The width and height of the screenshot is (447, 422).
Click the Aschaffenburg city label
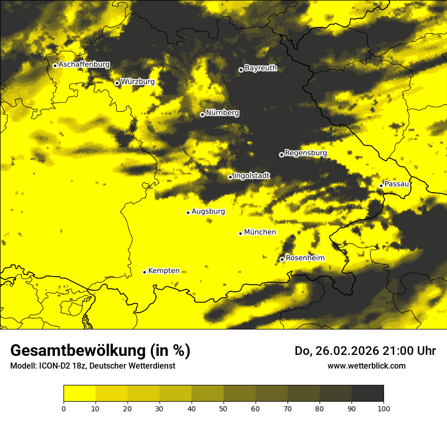click(x=84, y=65)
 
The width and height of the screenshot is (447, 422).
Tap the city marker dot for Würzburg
click(x=117, y=83)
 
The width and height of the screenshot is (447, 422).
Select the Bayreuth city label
click(x=261, y=68)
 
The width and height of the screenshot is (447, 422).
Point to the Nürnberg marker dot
click(x=202, y=114)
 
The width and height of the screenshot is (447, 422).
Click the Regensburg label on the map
click(x=306, y=153)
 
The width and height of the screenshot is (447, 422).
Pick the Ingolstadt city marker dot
click(x=230, y=177)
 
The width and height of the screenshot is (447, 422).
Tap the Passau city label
click(x=397, y=184)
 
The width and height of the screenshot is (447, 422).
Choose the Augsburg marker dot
click(x=188, y=213)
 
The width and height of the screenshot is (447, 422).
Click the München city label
click(x=260, y=232)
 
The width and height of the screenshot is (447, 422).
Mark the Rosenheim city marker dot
click(x=282, y=259)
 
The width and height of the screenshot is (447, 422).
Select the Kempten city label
click(x=164, y=271)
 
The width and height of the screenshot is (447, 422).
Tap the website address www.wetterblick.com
click(x=366, y=366)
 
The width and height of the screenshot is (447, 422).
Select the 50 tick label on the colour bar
click(x=223, y=408)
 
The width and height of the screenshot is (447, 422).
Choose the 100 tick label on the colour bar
click(x=384, y=408)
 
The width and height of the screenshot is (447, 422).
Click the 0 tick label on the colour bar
click(x=63, y=408)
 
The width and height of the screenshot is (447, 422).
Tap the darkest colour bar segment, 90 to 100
click(x=367, y=394)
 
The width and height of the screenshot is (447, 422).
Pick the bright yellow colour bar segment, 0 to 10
click(x=79, y=394)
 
